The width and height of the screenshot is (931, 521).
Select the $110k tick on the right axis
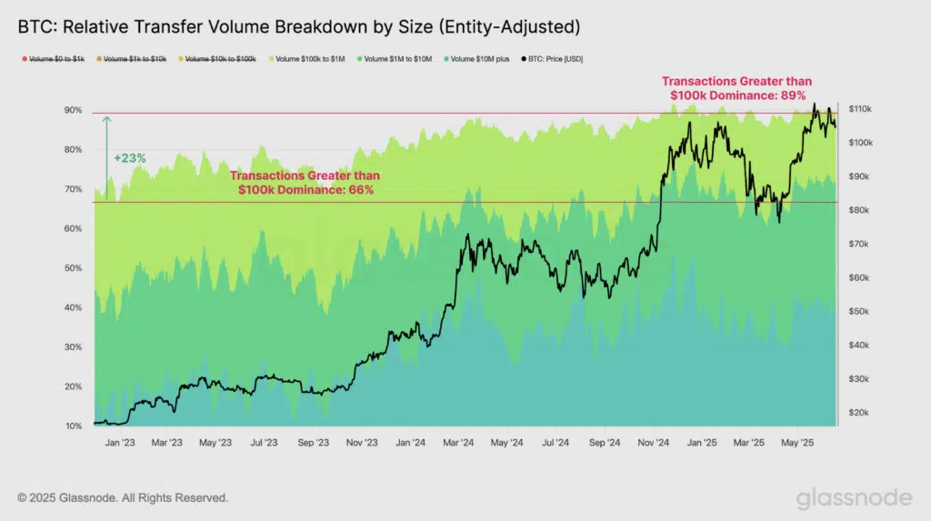tap(860, 109)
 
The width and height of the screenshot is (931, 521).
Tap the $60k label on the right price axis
tap(858, 277)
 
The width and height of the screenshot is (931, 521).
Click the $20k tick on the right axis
tap(858, 412)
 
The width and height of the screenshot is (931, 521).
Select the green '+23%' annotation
tap(130, 157)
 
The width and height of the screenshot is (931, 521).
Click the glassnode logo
tap(854, 498)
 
